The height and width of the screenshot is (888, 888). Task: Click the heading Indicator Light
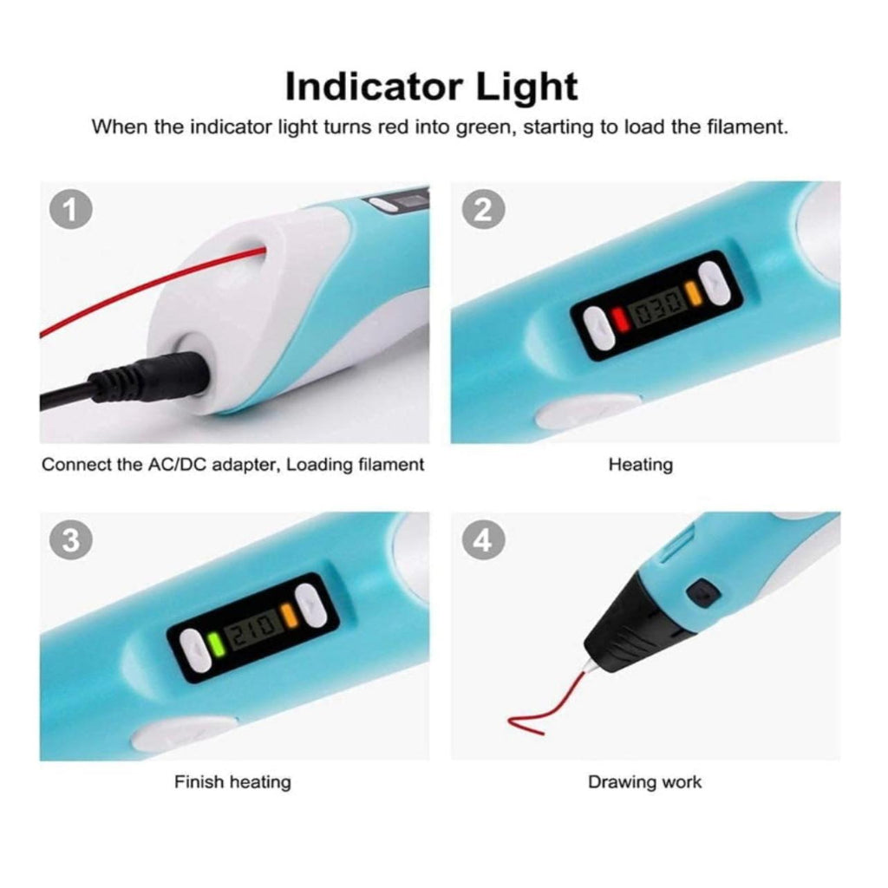click(x=432, y=87)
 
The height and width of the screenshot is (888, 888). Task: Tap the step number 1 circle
click(x=71, y=210)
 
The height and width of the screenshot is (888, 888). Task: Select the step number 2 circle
click(x=483, y=210)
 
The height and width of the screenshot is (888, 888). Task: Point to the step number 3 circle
click(x=71, y=539)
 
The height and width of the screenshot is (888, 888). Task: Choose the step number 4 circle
click(x=483, y=539)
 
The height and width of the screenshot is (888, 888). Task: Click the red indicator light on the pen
click(x=621, y=319)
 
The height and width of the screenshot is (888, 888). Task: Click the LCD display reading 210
click(x=252, y=629)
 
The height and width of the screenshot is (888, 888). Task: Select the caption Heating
click(x=641, y=465)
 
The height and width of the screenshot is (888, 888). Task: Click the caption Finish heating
click(x=232, y=782)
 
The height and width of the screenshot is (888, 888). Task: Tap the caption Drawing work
click(x=644, y=782)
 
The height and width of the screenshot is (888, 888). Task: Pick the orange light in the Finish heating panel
click(x=290, y=615)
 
